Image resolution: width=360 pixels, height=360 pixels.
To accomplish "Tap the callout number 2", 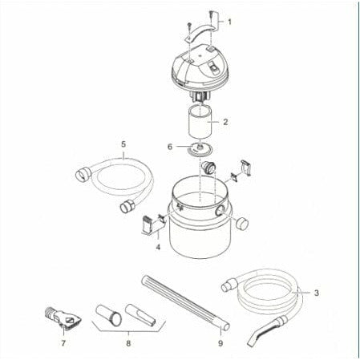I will tap(226, 123).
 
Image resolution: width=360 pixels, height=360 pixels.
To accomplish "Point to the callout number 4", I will tap(158, 248).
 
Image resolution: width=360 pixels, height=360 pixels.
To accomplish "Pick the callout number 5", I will tap(123, 144).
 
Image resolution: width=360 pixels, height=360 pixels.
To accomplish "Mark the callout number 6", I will tap(169, 147).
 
